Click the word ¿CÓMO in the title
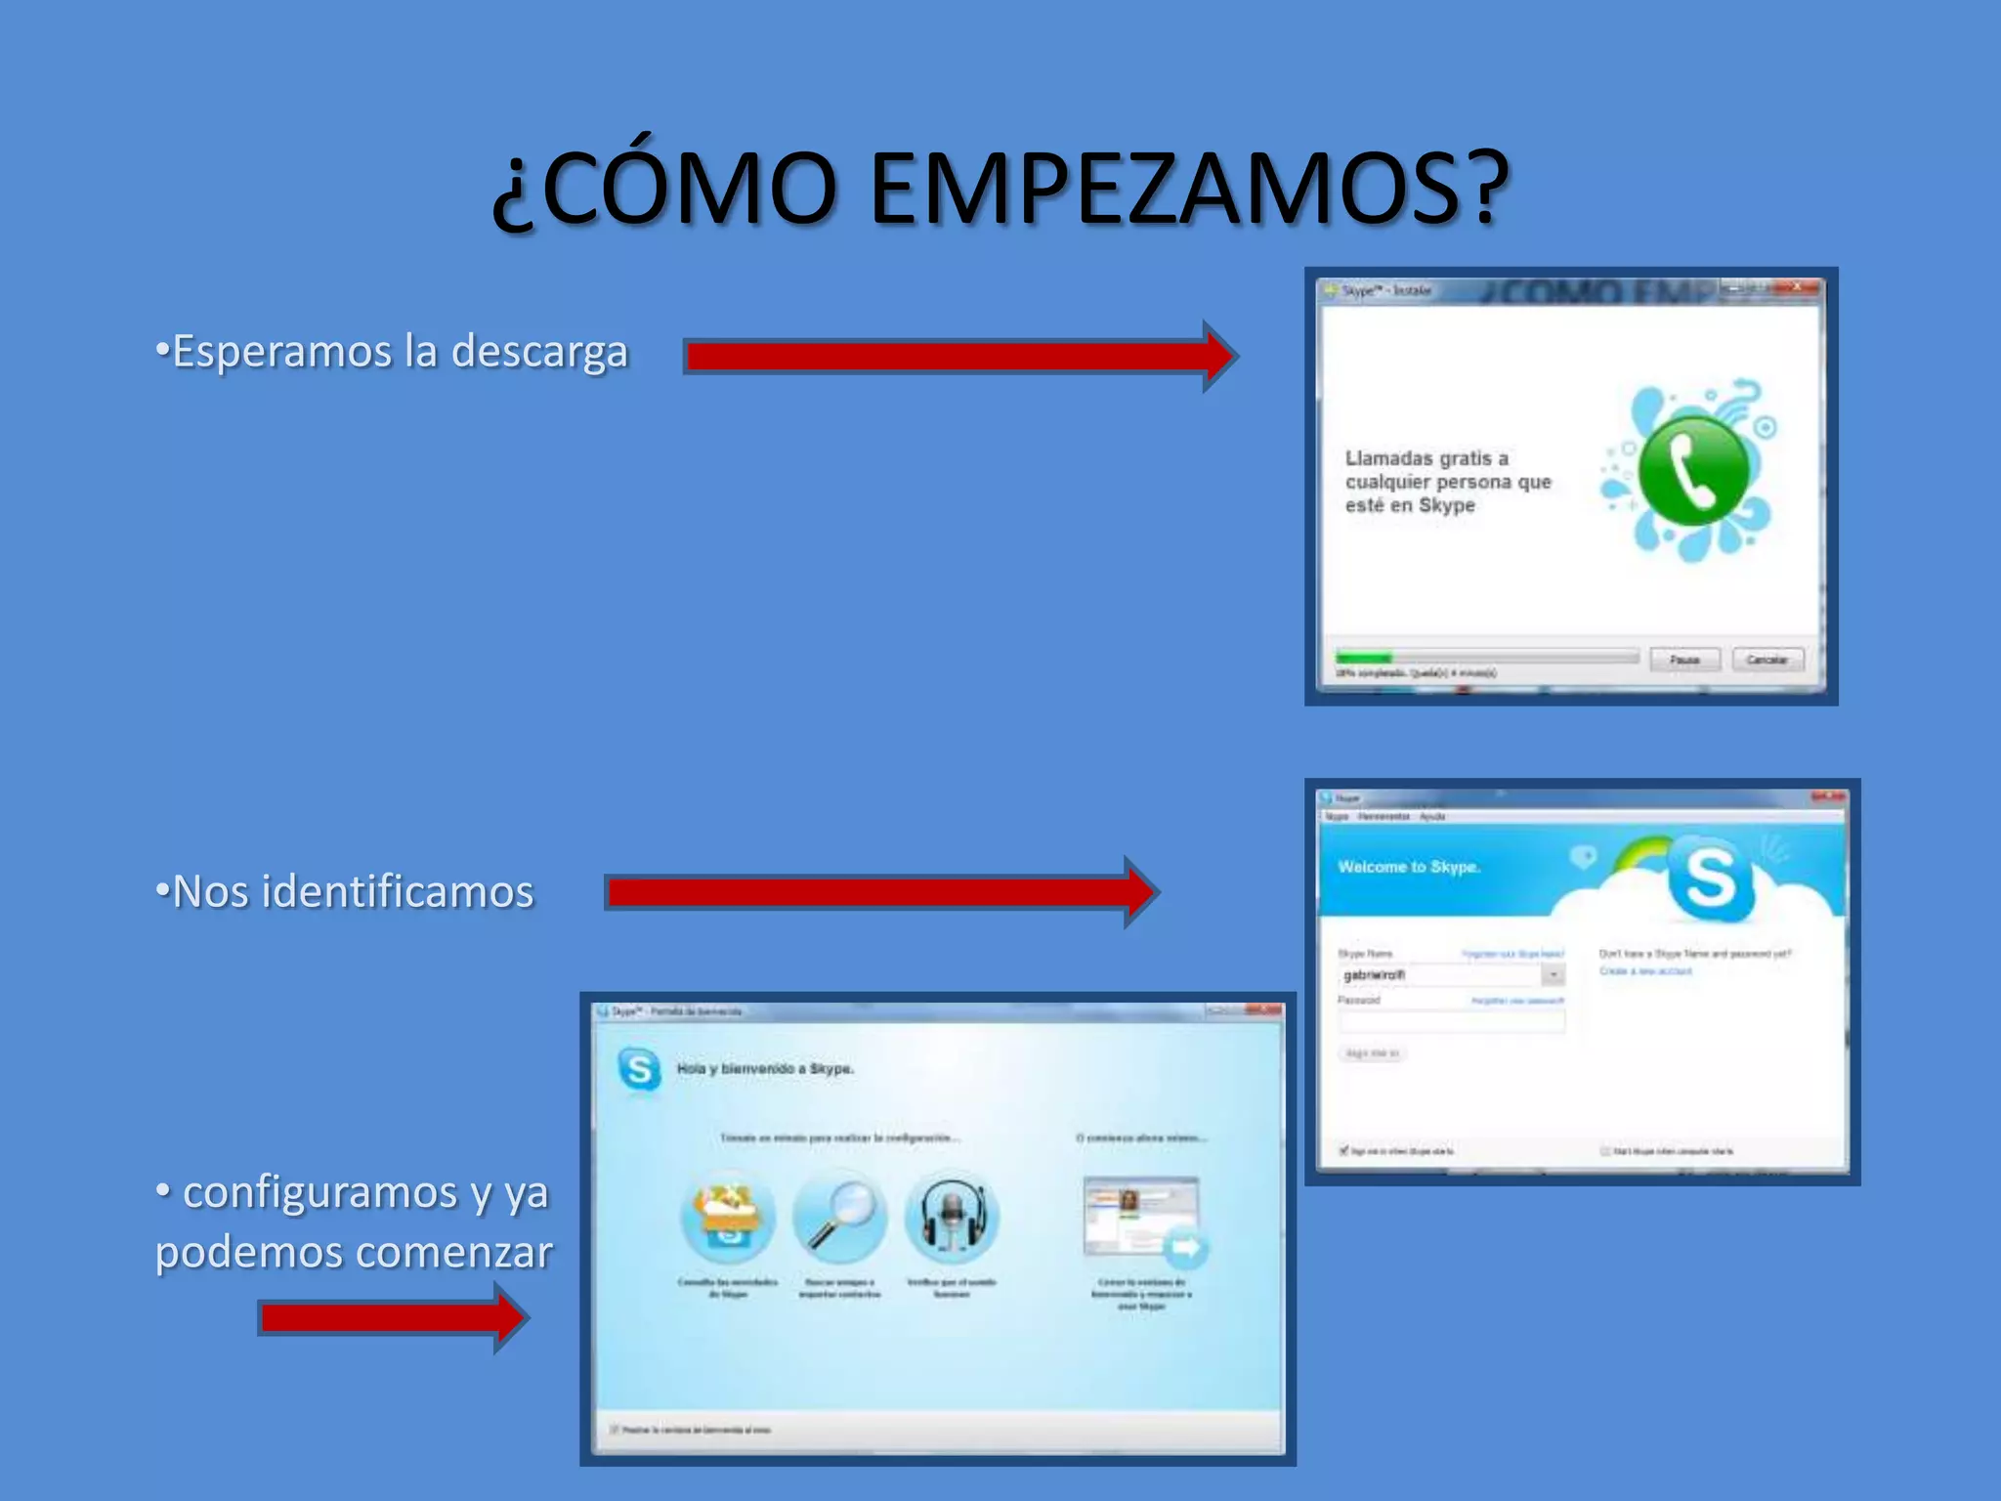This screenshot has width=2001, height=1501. (x=664, y=188)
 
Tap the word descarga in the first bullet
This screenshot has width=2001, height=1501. (x=539, y=352)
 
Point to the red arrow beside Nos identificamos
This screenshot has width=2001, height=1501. (x=879, y=892)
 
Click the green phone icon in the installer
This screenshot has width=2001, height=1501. (x=1692, y=470)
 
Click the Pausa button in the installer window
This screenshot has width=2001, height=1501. (x=1684, y=660)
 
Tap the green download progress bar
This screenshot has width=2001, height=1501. (x=1364, y=658)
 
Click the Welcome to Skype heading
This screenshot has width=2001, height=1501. (x=1409, y=867)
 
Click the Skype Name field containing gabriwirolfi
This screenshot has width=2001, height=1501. (x=1440, y=975)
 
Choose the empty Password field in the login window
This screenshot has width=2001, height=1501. (x=1452, y=1022)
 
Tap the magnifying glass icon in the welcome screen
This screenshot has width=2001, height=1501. (x=840, y=1217)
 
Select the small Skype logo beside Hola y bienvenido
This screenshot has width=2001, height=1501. (x=639, y=1069)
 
